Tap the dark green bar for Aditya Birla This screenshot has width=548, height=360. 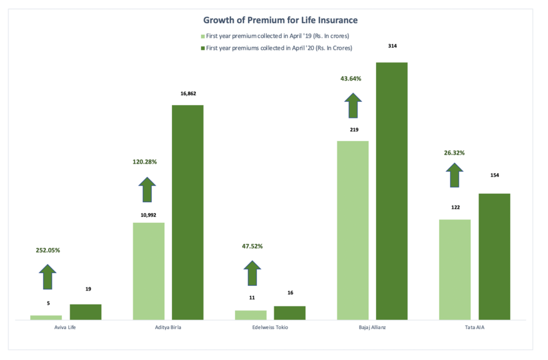[188, 212]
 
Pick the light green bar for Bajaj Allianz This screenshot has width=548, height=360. [353, 230]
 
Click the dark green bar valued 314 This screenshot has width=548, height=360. [392, 191]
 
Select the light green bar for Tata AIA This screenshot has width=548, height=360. [455, 269]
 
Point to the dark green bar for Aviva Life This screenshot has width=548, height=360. [86, 312]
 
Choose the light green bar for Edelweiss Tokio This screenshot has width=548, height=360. [250, 315]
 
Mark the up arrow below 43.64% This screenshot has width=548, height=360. [353, 105]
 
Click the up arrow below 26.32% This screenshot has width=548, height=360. [455, 175]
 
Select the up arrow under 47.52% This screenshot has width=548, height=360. [252, 273]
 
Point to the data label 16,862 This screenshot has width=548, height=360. [188, 93]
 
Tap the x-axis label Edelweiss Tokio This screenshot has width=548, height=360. [270, 328]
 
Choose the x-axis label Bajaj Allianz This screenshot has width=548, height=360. [372, 328]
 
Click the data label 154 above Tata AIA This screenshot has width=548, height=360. [494, 175]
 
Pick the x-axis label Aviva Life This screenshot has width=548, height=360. [66, 328]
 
